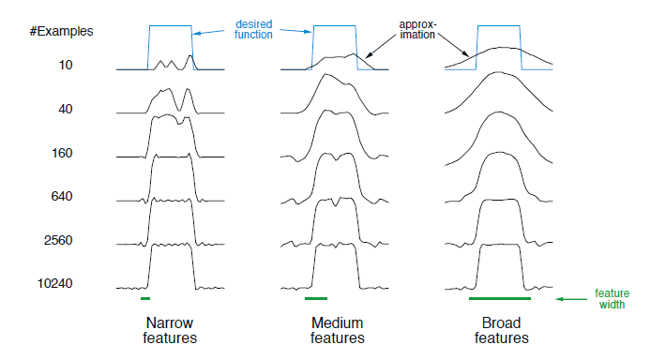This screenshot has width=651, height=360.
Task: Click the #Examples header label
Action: coord(62,31)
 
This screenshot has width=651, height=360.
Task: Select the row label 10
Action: coord(66,65)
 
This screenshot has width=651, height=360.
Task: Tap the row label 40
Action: coord(66,109)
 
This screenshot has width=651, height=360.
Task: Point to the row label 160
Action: coord(62,153)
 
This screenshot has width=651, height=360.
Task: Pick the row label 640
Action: coord(62,196)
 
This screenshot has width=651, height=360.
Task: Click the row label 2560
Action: coord(58,240)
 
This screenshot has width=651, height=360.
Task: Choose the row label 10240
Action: coord(55,283)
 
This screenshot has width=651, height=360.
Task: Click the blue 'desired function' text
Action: coord(253,29)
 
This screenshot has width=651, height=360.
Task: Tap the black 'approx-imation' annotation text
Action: coord(417,29)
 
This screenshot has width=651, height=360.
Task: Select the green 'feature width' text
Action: coord(612,299)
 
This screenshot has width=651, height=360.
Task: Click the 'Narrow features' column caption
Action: coord(170,330)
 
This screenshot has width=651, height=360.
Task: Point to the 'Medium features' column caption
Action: coord(338,330)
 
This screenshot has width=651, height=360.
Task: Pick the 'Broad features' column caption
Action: coord(502,330)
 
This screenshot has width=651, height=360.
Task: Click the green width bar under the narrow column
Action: coord(145,299)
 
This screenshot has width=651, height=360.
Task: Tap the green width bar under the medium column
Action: coord(316,299)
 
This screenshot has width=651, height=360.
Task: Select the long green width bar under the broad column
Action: coord(500,299)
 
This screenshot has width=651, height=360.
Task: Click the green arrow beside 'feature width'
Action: coord(571,299)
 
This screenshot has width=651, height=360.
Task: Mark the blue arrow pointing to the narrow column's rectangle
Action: coord(209,32)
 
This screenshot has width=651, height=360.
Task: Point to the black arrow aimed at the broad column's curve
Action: coord(454,45)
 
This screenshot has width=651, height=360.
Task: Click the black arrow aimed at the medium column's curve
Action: coord(380,47)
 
